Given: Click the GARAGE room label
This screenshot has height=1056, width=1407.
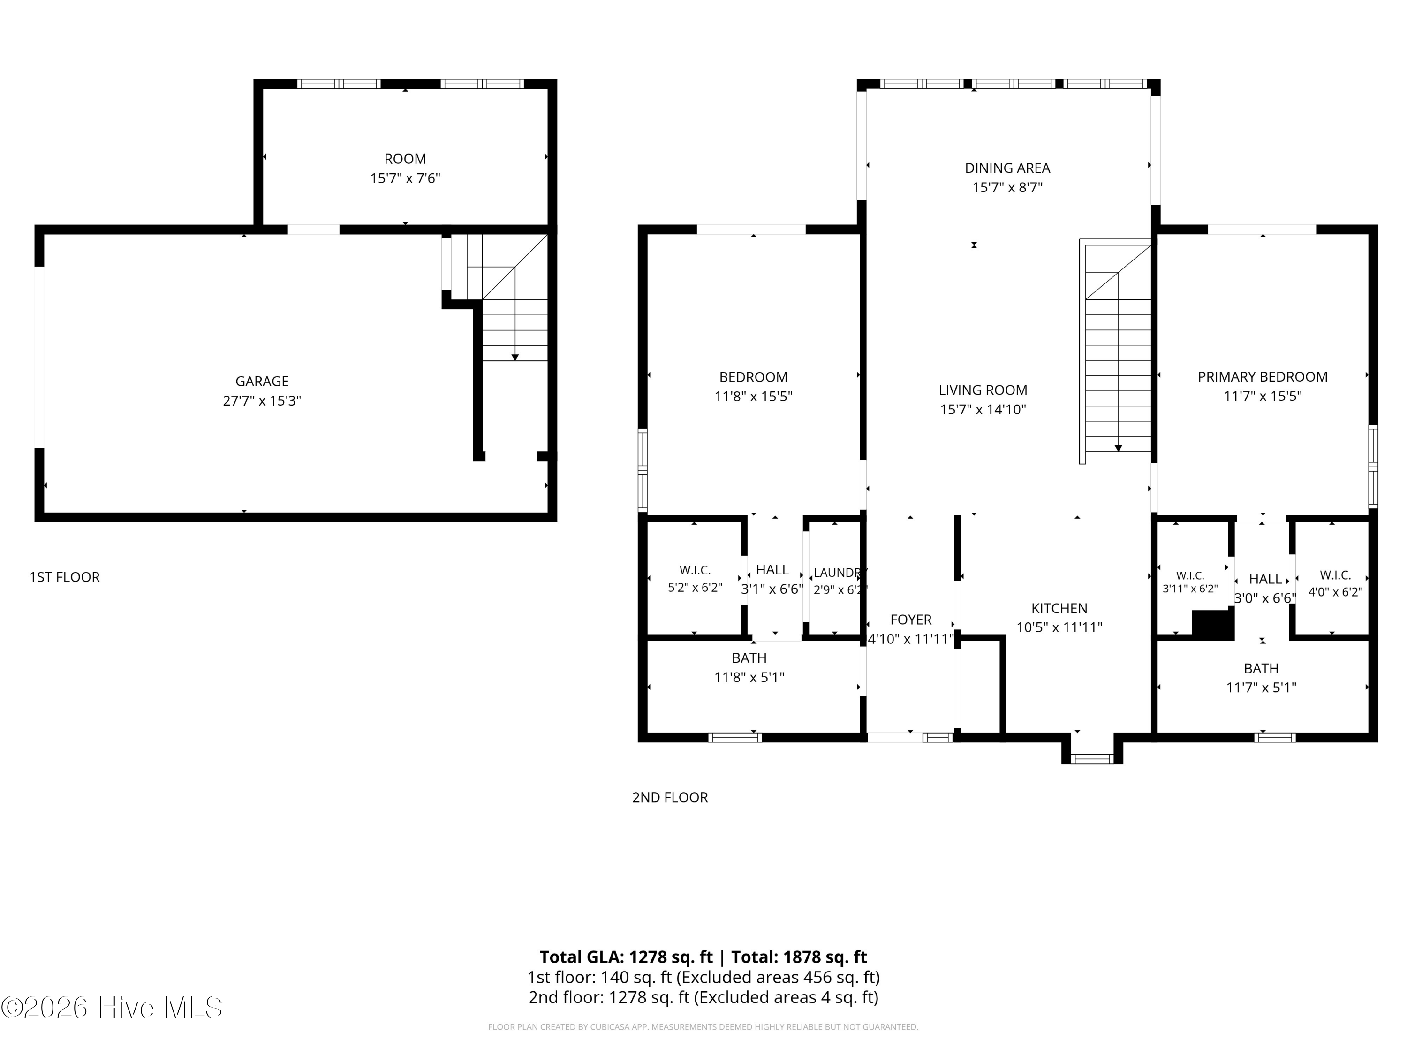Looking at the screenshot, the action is [x=262, y=381].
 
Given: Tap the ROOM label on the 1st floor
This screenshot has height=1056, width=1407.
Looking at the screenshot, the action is [x=405, y=159].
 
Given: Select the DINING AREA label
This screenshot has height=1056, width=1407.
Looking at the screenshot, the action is [x=1007, y=168].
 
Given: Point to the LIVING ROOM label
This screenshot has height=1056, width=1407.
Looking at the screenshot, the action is [x=983, y=390].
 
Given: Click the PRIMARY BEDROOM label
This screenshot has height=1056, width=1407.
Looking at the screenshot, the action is [x=1263, y=377].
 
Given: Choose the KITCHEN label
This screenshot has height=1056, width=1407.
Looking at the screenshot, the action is [x=1059, y=609].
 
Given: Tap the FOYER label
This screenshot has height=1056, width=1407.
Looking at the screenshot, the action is [x=911, y=620].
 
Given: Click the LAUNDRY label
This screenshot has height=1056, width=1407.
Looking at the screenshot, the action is [x=840, y=573].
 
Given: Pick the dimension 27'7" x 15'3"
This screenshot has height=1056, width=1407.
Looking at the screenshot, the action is [x=262, y=401].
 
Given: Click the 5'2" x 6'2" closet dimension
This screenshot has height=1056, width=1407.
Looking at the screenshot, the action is [x=695, y=588].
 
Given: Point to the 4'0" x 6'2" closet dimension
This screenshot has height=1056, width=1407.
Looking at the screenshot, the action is [x=1335, y=592].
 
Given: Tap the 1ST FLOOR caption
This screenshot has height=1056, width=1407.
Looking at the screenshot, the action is [x=65, y=577].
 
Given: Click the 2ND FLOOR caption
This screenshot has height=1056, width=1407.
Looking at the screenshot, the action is [x=670, y=797].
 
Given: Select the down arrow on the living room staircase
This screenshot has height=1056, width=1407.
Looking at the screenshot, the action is [x=1118, y=449].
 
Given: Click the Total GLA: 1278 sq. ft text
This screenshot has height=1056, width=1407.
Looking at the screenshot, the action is [x=627, y=957].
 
